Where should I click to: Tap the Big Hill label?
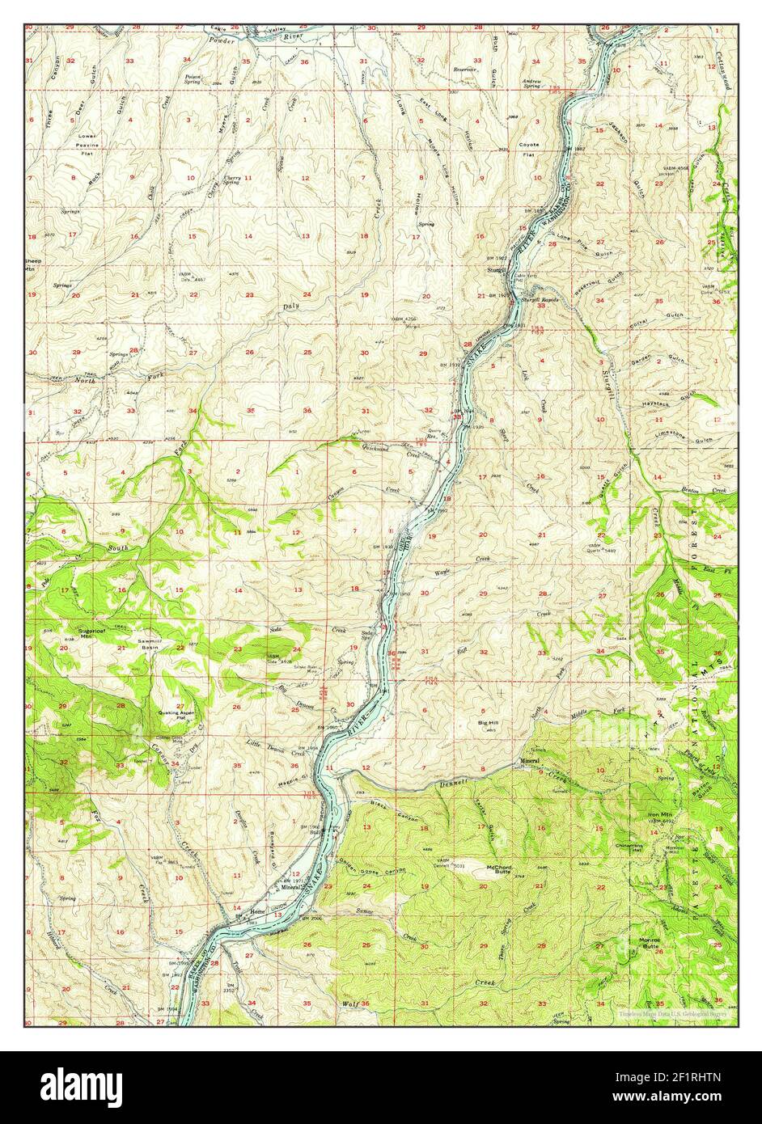coord(489,722)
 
